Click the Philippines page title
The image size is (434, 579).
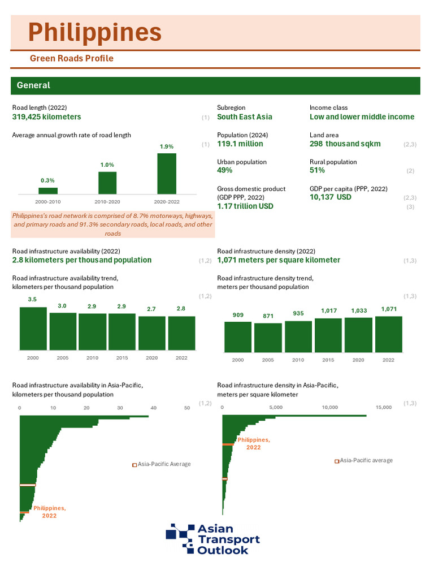click(95, 32)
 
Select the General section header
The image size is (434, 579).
click(33, 85)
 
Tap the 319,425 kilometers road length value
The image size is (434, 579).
click(46, 117)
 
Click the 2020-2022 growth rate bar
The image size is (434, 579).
click(166, 173)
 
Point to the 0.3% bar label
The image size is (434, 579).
click(47, 180)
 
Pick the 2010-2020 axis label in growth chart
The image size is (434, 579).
click(107, 201)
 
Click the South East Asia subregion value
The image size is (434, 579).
click(244, 117)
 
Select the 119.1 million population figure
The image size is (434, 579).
click(240, 144)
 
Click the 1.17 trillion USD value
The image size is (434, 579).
click(245, 206)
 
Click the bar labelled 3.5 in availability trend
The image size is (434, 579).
click(33, 330)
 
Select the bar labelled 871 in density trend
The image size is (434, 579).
click(267, 338)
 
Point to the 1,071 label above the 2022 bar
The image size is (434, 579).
click(388, 309)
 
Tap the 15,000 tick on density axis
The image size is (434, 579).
click(383, 407)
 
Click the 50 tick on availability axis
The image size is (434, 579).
click(187, 407)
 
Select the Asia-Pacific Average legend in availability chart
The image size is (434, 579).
click(161, 464)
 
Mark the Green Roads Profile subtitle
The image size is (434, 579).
click(71, 59)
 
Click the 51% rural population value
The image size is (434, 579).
click(317, 170)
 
